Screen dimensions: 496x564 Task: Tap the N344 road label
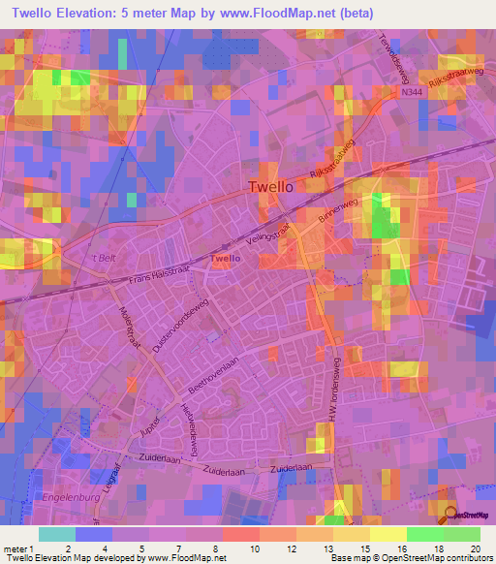click(x=412, y=93)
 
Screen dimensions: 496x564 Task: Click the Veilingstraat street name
click(x=270, y=229)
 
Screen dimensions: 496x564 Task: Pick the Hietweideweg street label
click(x=195, y=423)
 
